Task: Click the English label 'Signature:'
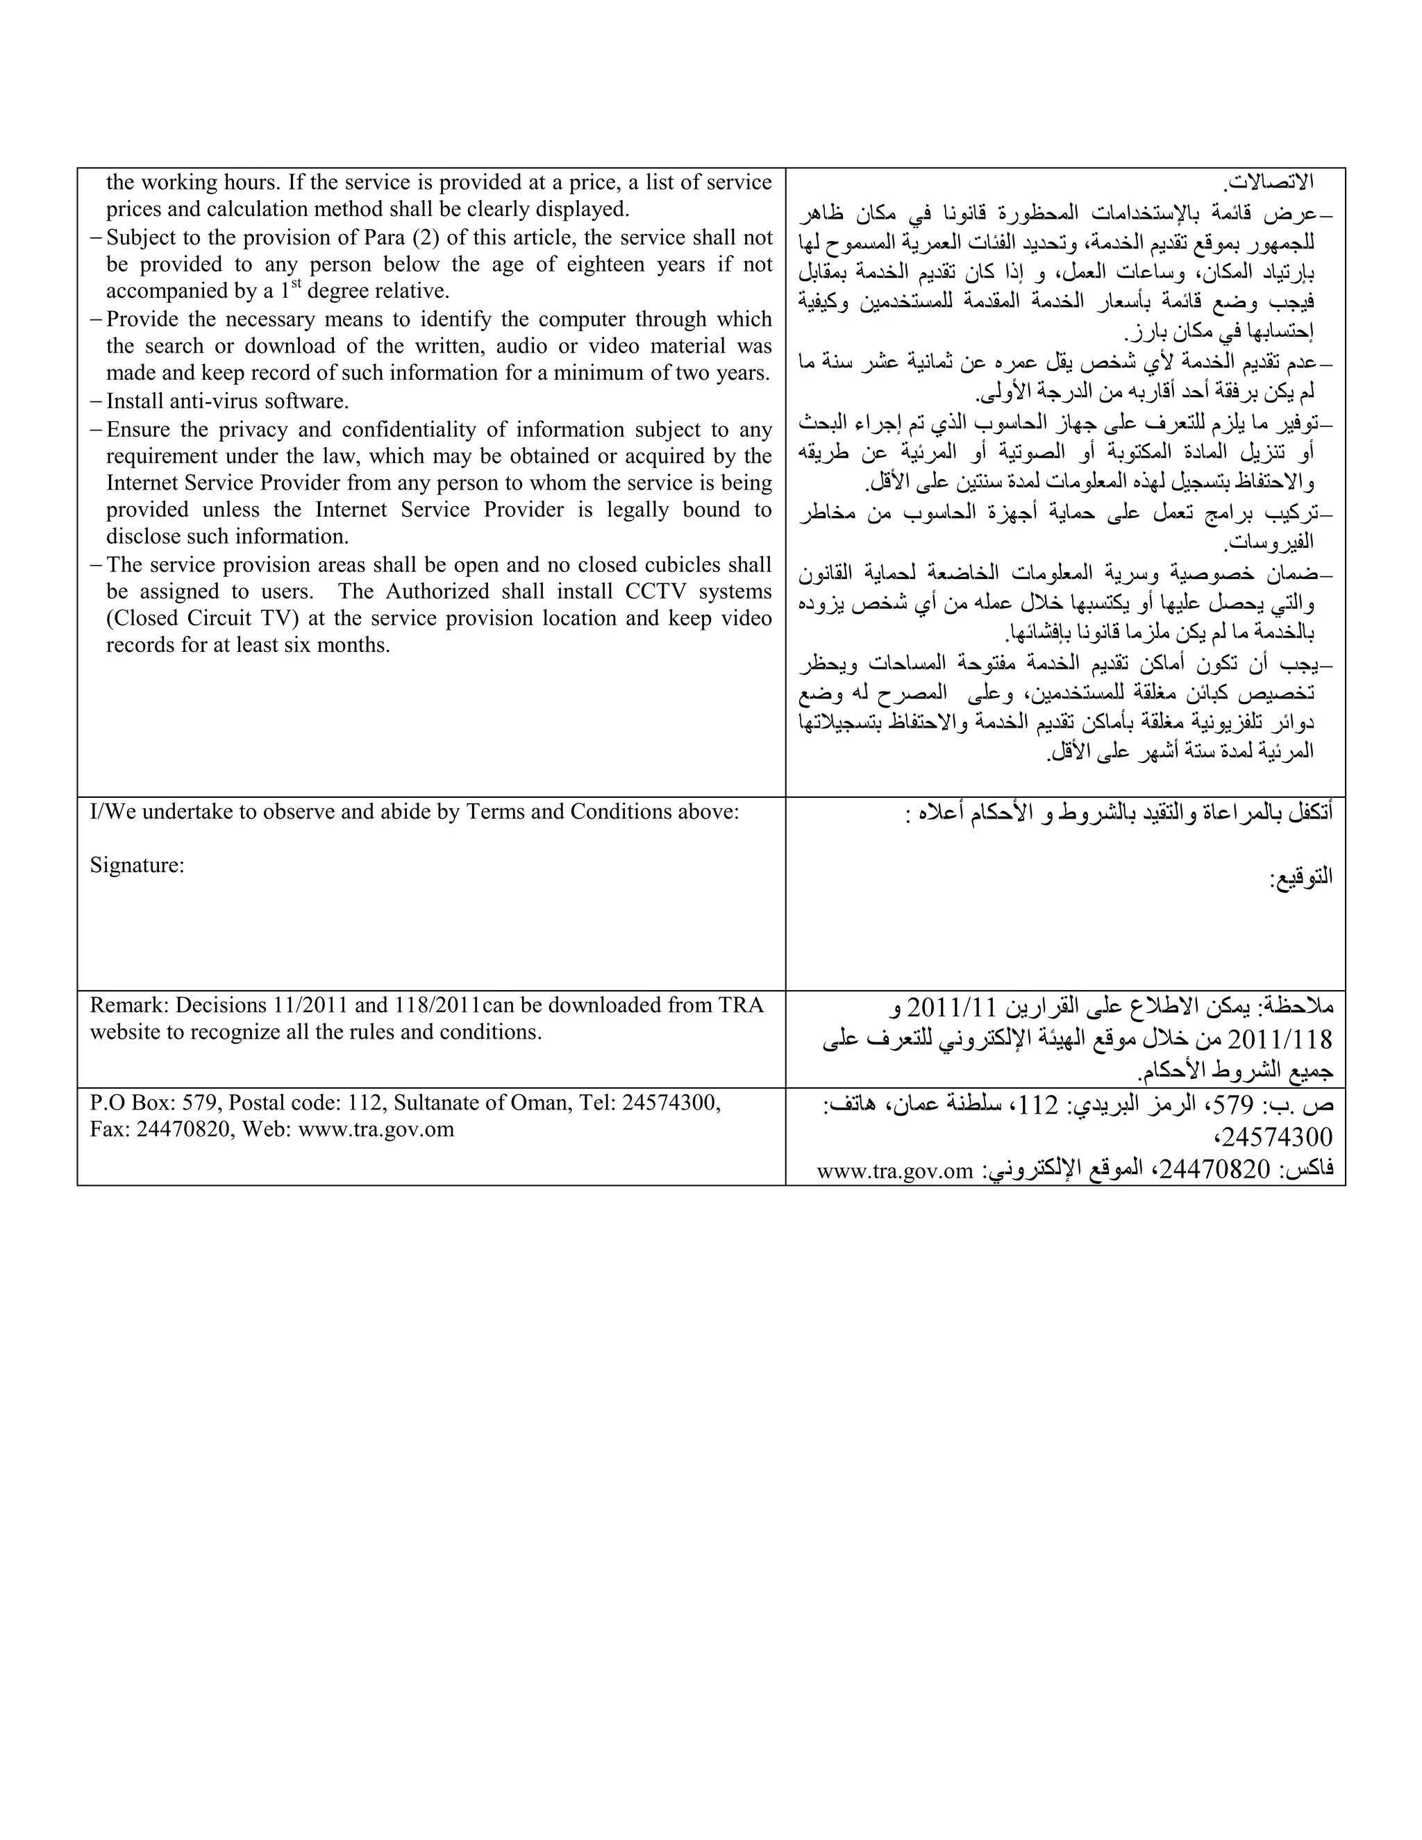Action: click(137, 865)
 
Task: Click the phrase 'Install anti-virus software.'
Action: click(228, 401)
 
